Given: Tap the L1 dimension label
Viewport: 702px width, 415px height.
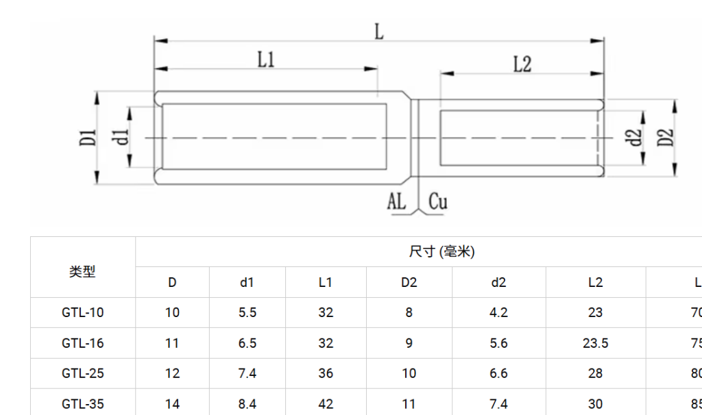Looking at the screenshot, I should [266, 60].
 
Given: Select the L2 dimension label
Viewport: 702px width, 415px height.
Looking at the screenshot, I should [522, 64].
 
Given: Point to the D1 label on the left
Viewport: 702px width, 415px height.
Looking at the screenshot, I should [87, 138].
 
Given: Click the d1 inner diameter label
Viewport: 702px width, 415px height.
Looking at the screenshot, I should [122, 136].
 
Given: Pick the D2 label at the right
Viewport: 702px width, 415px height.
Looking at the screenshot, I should [665, 137].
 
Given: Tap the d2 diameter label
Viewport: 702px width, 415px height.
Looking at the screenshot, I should [636, 138].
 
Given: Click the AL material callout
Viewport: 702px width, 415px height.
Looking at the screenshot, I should [397, 201].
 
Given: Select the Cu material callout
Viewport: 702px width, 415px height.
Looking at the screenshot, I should [438, 201].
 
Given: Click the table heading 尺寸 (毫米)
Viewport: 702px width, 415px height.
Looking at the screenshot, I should [441, 252].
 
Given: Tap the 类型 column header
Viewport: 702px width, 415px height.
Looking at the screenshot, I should [82, 272].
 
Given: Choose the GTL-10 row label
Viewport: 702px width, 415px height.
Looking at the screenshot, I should [82, 313].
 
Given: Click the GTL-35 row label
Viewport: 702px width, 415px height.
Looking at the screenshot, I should [82, 404].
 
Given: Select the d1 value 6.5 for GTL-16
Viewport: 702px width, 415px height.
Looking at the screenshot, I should [247, 343].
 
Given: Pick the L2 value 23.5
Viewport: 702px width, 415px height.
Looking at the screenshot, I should [595, 343].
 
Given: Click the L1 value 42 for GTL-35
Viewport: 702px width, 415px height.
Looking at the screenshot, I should [326, 404].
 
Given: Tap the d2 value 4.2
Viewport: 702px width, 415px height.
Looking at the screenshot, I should [498, 313].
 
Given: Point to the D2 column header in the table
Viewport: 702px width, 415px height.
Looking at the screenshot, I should [409, 282].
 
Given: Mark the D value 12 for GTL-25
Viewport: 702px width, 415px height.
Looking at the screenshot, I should [172, 373].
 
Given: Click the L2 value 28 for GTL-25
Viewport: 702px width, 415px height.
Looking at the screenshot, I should [595, 373].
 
